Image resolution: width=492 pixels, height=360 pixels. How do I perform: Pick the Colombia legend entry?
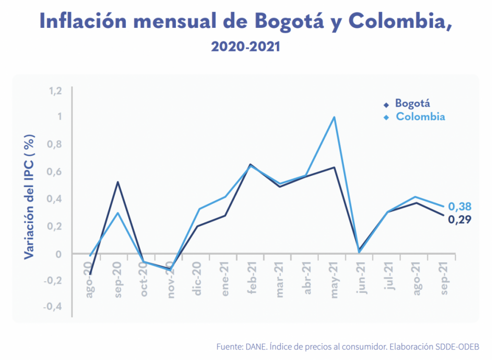point(420,117)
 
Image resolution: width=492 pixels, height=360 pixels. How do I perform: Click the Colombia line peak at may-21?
point(334,117)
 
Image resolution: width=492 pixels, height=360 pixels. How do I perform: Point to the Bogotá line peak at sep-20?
point(118,182)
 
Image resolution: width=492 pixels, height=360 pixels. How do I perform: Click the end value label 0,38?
point(460,207)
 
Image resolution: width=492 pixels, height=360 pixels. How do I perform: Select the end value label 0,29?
point(460,220)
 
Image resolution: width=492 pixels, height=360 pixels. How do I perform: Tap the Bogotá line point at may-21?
point(334,168)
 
